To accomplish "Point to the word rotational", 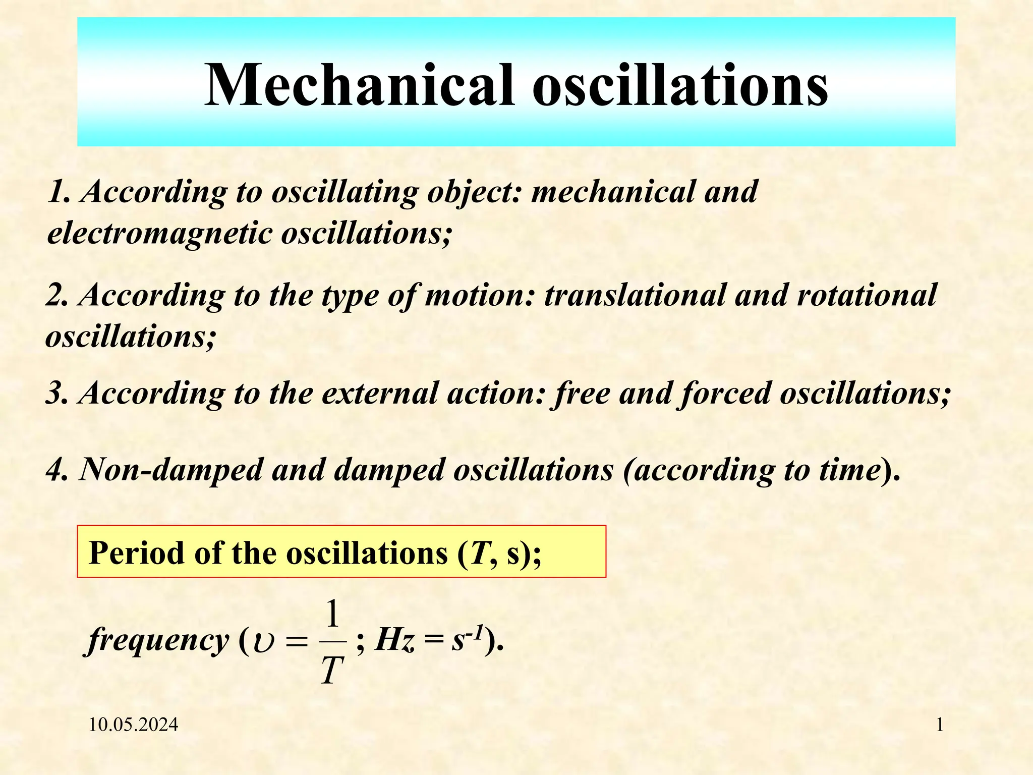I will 866,295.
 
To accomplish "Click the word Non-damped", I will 171,470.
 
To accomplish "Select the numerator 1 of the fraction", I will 332,615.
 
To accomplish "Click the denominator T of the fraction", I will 332,671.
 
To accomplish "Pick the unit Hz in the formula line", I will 395,641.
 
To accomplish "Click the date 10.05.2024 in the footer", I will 134,725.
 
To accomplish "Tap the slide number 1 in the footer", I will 940,725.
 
